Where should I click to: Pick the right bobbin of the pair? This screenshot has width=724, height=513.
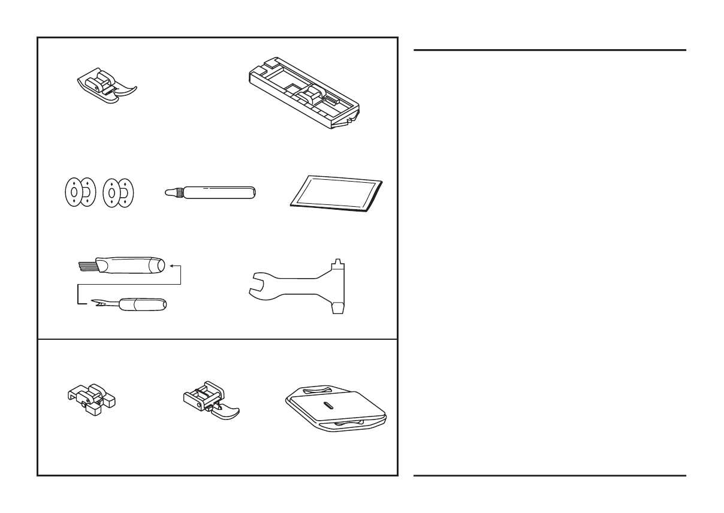click(119, 192)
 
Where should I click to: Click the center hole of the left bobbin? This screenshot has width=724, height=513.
click(73, 192)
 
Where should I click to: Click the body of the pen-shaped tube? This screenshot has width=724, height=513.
click(218, 192)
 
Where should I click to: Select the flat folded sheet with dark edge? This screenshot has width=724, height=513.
click(337, 195)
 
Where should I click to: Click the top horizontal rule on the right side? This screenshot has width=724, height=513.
click(550, 50)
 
